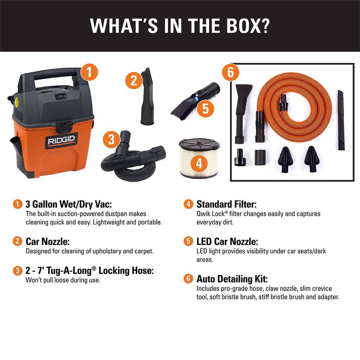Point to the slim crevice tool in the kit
click(340, 120)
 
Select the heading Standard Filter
click(226, 204)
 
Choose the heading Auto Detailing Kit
click(232, 279)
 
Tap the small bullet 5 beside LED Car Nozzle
click(188, 242)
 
